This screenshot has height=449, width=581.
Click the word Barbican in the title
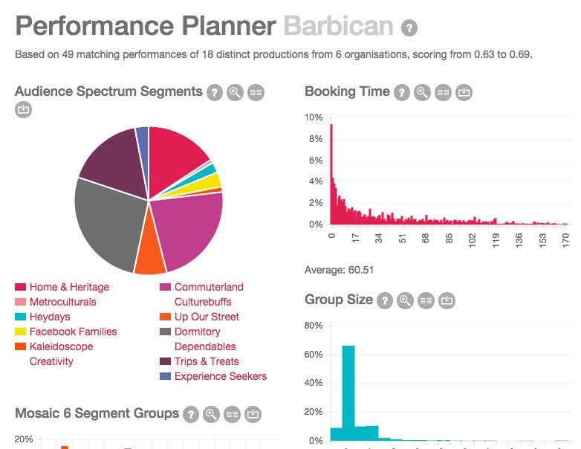pos(338,27)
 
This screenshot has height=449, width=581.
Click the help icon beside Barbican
pos(409,28)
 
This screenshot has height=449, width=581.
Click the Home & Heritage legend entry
pos(69,287)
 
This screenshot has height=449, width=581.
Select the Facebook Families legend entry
pos(73,332)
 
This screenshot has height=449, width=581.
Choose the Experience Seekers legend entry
pos(220,376)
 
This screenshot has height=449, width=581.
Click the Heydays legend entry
pos(50,317)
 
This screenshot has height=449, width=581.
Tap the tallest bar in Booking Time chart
pos(331,174)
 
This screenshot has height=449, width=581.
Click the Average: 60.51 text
pos(339,269)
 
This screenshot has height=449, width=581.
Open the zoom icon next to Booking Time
pos(422,93)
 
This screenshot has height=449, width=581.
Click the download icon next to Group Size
pos(447,301)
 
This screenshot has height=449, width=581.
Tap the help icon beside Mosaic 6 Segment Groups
pos(191,414)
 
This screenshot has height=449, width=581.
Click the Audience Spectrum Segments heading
pos(108,91)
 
